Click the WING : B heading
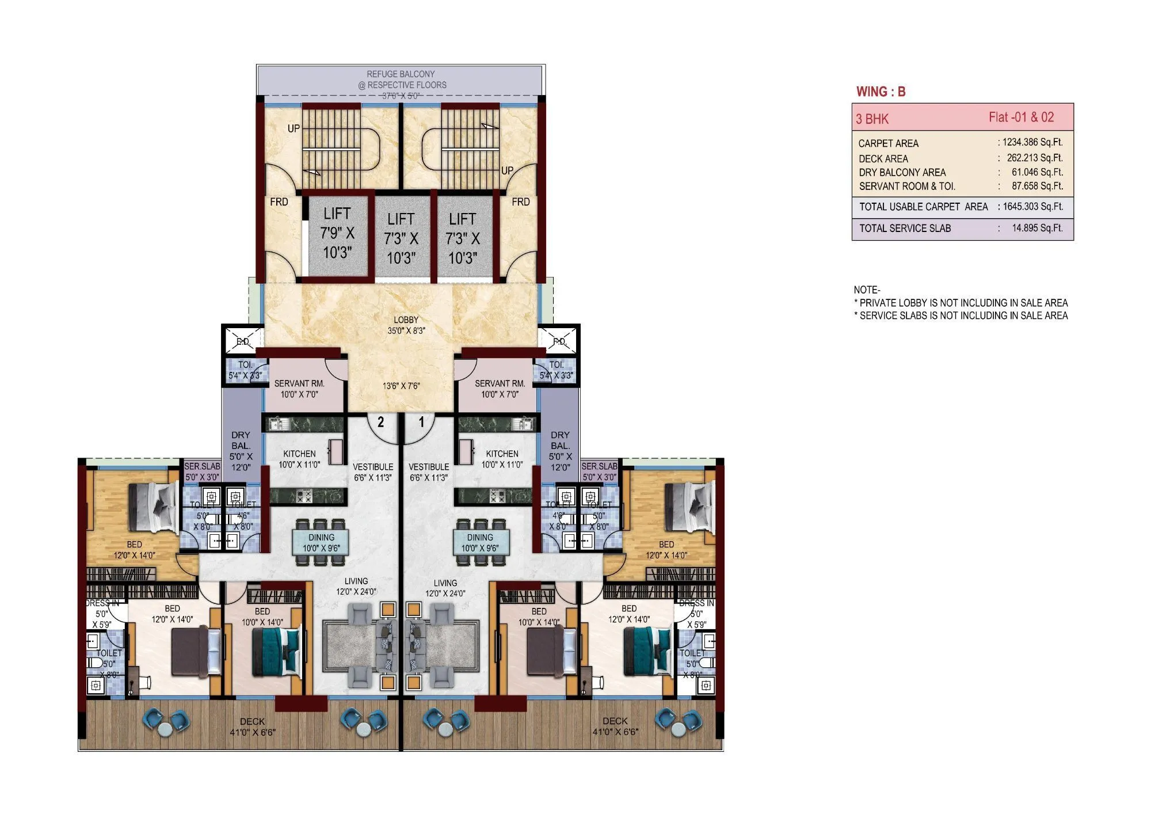[881, 92]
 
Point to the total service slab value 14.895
[1036, 228]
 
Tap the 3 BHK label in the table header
[872, 119]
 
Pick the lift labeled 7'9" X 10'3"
[337, 233]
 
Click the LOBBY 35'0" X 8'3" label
[406, 325]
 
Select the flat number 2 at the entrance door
[380, 422]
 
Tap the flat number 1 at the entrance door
[421, 422]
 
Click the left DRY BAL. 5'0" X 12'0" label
[241, 451]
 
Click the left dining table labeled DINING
[321, 542]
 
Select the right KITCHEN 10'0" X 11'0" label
[502, 459]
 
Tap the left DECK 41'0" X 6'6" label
[252, 726]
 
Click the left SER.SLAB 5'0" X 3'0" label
[202, 471]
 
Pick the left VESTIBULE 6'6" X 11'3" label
[373, 472]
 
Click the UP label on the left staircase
[294, 128]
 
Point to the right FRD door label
[520, 202]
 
